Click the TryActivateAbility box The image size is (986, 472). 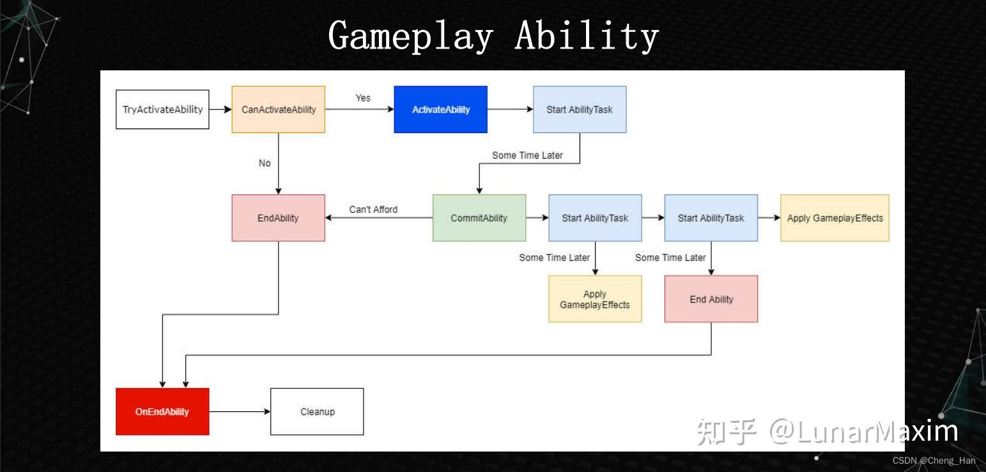(162, 109)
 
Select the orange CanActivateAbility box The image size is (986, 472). (279, 109)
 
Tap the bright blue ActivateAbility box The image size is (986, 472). (440, 109)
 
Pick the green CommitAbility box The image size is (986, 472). (479, 218)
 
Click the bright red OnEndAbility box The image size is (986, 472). (162, 411)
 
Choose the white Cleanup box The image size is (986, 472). (317, 411)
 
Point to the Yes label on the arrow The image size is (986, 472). (363, 98)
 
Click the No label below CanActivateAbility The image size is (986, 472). (265, 163)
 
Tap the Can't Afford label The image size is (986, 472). (373, 209)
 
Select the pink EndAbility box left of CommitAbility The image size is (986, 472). (278, 218)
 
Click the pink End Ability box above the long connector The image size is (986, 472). (711, 299)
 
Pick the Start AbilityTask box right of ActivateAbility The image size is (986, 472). (580, 109)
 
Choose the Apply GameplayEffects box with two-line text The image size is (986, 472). (595, 299)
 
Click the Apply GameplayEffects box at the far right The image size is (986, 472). (835, 218)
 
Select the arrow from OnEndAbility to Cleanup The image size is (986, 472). (240, 411)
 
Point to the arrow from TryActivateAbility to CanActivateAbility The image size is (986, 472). (220, 109)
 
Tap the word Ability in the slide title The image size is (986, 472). (586, 36)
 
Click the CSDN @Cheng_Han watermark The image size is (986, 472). (934, 460)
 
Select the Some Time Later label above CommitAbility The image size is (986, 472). (527, 155)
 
